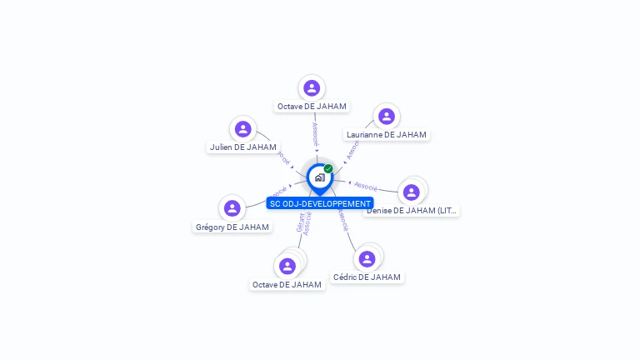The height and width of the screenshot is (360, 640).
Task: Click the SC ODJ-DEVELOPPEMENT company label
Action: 320,203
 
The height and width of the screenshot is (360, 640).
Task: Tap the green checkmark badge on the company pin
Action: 328,169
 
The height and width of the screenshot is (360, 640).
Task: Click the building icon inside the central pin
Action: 319,177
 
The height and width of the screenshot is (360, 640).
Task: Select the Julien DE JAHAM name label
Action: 243,147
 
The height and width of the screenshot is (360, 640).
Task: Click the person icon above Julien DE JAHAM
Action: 243,129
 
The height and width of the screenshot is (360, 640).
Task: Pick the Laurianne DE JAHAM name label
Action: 387,135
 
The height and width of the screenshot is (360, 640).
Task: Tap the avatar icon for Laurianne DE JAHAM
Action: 386,117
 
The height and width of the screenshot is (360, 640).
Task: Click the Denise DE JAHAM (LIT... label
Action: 412,211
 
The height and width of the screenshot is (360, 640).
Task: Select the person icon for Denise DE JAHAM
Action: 411,192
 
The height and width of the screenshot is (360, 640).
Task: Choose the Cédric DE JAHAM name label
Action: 367,277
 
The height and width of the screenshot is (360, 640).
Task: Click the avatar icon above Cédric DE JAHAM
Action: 367,259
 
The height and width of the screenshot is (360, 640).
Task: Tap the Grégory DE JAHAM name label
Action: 232,227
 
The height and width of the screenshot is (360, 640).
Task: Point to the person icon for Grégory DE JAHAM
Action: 232,208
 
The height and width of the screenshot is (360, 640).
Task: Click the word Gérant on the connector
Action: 301,223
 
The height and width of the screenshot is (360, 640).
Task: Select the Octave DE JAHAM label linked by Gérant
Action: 287,285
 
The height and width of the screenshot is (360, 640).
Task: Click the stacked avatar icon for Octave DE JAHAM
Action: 287,266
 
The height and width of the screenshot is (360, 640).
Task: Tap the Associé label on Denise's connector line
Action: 366,186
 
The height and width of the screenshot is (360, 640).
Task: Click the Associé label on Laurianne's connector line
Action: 352,150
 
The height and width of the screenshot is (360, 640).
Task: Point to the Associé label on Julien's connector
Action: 283,157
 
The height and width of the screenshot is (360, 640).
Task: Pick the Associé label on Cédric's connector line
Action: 342,219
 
